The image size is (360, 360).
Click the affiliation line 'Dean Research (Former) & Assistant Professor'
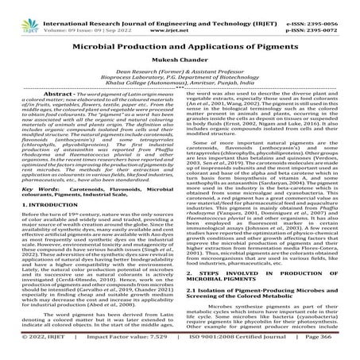coord(180,72)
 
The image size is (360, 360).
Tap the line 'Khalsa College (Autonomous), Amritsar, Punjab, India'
coord(180,85)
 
